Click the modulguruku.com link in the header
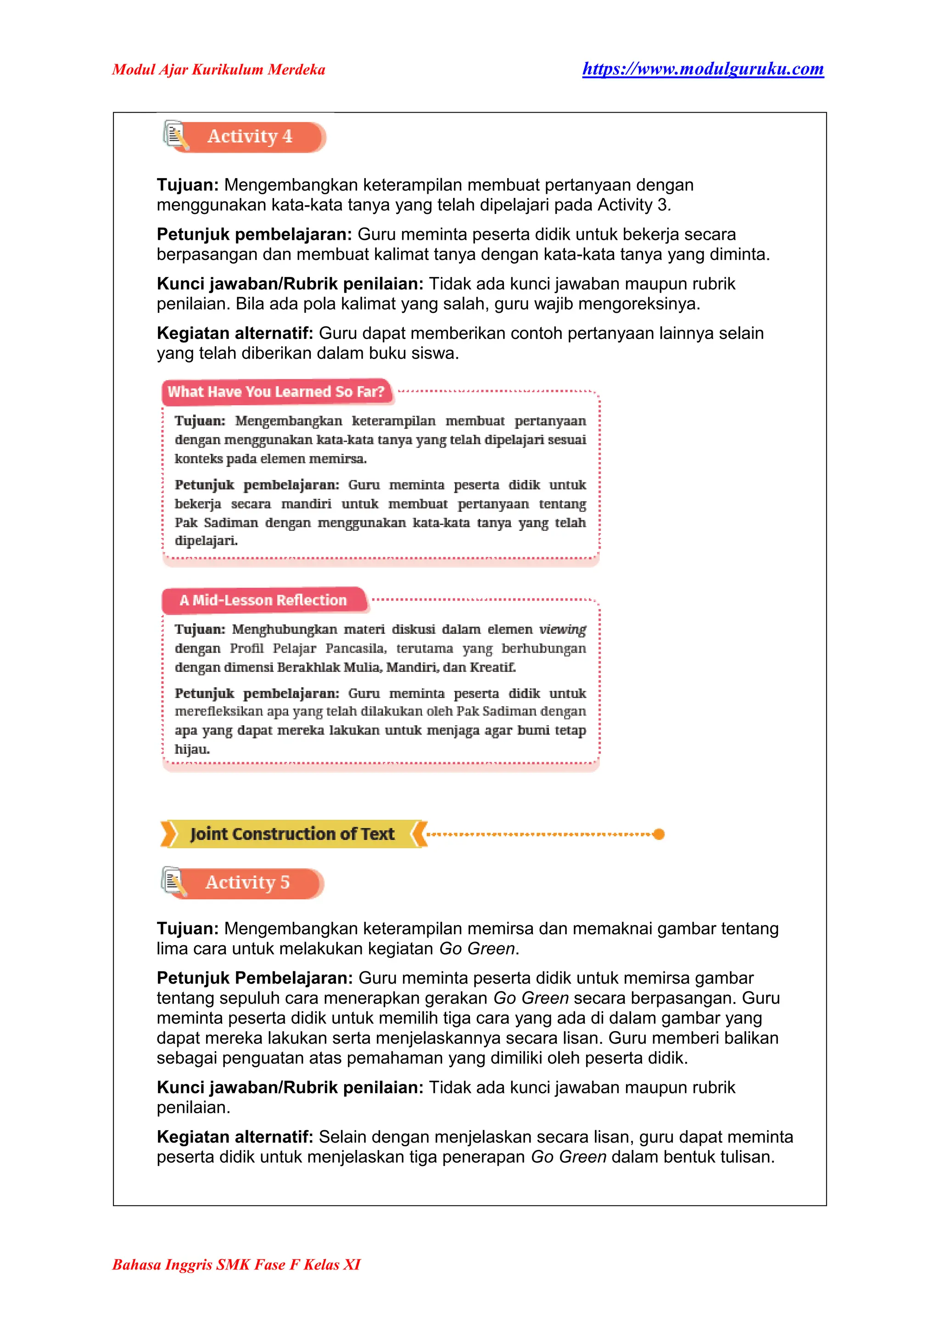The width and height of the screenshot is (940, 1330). (703, 69)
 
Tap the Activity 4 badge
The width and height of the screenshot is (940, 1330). (250, 137)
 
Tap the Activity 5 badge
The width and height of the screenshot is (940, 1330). (248, 883)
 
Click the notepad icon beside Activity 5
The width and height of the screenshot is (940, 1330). (173, 882)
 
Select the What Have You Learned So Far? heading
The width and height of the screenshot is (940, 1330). (276, 392)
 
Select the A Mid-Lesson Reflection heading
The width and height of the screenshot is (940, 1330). (263, 601)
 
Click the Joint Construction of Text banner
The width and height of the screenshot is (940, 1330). (292, 834)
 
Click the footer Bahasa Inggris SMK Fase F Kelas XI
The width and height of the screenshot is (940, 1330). (236, 1264)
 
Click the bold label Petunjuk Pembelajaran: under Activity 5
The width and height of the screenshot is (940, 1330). (255, 978)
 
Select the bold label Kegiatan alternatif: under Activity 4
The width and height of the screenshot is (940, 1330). (235, 334)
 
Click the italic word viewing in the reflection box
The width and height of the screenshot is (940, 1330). (562, 630)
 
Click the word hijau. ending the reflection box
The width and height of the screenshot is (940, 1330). (192, 750)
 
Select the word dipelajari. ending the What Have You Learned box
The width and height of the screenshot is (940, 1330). (206, 541)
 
